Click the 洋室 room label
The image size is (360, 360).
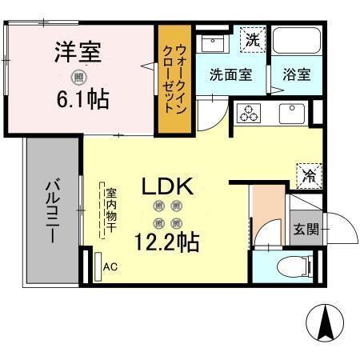click(x=78, y=54)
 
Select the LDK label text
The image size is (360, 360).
click(x=166, y=186)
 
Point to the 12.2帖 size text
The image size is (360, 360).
click(x=166, y=240)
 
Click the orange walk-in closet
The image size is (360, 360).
click(x=174, y=81)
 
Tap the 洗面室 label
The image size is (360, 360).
click(x=230, y=74)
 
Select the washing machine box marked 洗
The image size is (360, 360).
click(x=252, y=38)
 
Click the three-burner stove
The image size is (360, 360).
click(x=250, y=113)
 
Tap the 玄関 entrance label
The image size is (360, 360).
click(x=306, y=229)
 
